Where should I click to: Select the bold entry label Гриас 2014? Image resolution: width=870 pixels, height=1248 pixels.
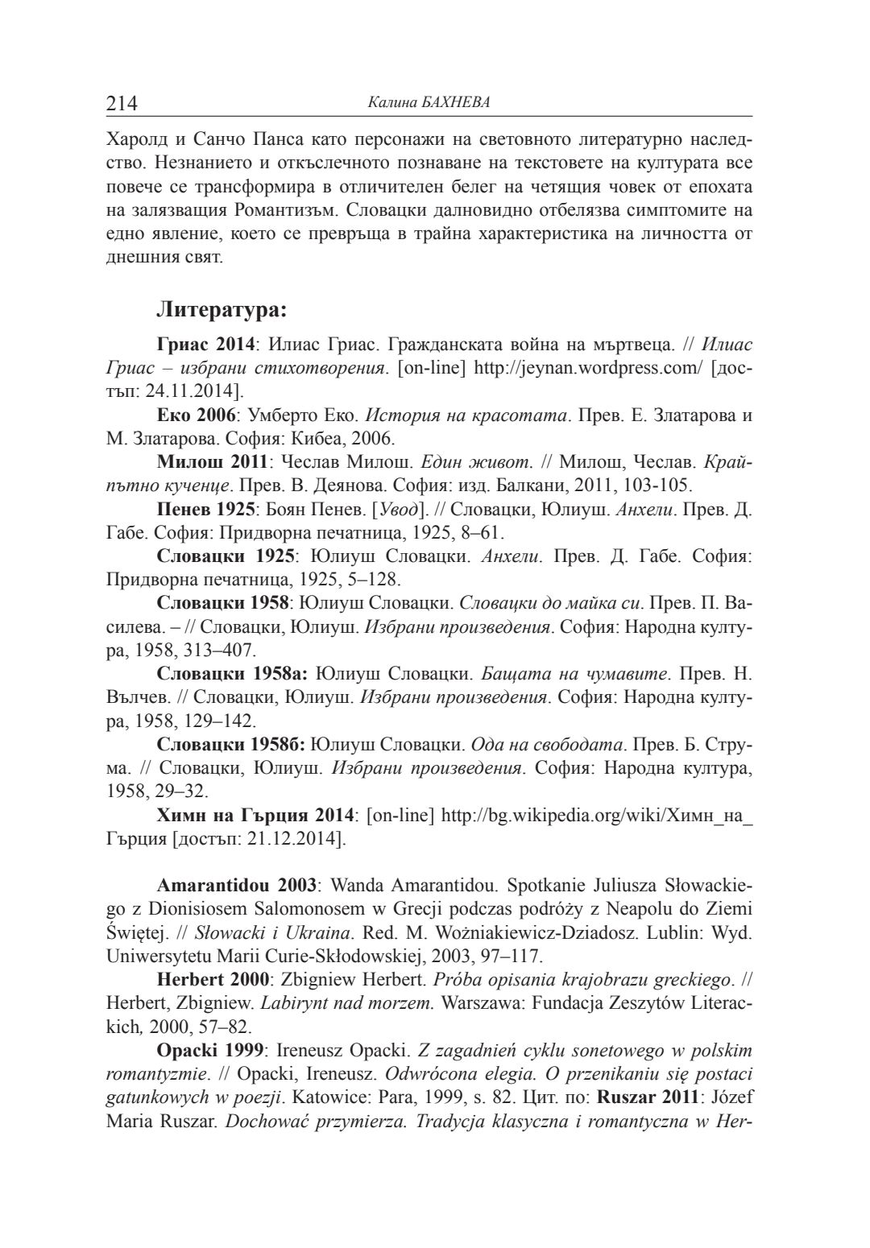205,345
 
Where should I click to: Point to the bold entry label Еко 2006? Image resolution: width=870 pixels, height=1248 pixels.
197,416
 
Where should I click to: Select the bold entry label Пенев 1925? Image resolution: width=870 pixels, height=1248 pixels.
206,510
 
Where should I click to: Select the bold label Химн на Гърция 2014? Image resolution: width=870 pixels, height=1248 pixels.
255,815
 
